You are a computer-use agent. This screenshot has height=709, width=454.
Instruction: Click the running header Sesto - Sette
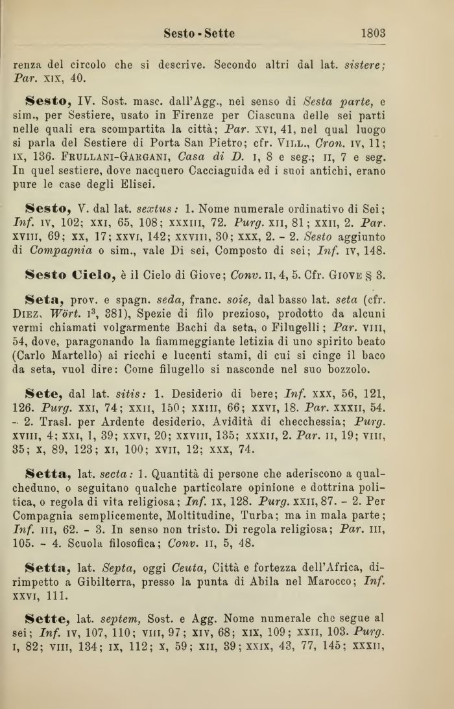coord(199,32)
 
